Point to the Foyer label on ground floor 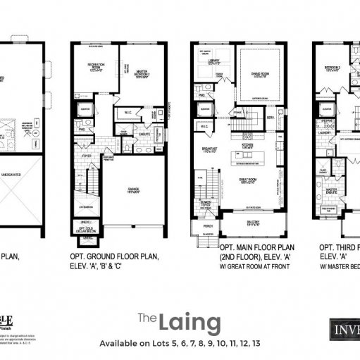point(87,157)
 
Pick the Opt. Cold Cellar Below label point(87,230)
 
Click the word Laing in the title point(190,322)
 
